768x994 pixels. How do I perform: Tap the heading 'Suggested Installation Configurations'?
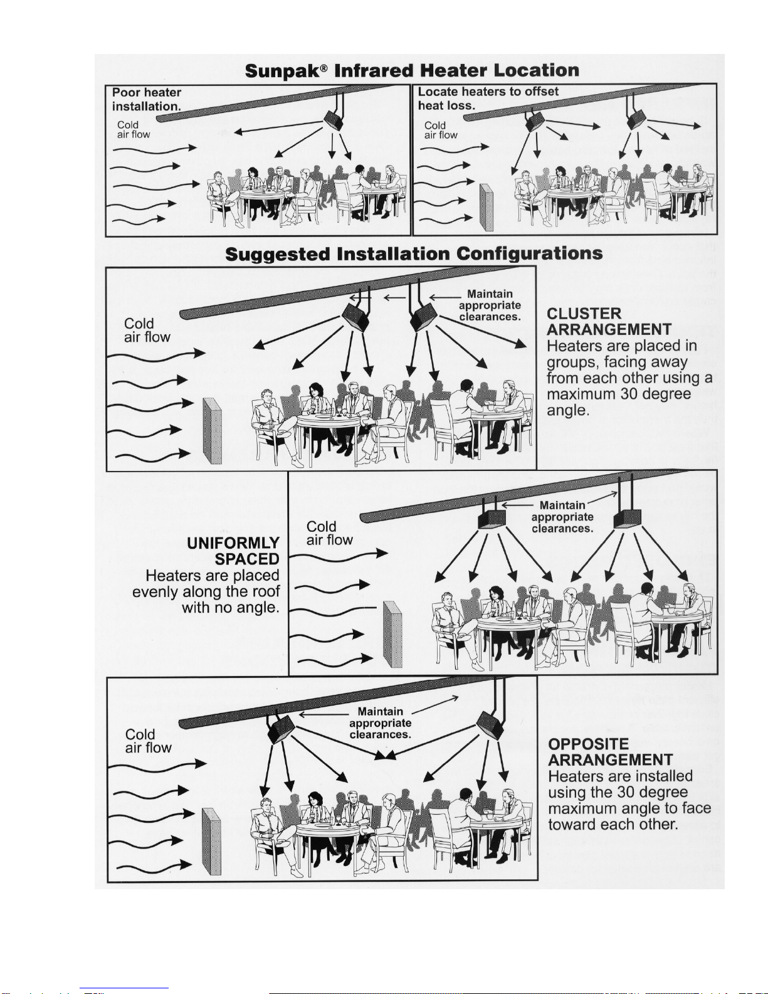click(414, 254)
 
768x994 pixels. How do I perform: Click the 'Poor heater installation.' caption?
click(146, 99)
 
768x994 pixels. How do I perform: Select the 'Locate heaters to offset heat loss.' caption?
click(488, 98)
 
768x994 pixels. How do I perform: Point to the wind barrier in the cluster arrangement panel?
click(212, 430)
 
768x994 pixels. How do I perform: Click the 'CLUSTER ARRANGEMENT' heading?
click(609, 322)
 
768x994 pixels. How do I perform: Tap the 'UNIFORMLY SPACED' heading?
click(233, 551)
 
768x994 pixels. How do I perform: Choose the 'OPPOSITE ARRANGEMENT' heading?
click(610, 751)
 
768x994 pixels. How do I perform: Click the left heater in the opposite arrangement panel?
click(281, 729)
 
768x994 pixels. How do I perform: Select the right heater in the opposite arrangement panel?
click(490, 725)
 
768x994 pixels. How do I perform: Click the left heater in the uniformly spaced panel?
click(492, 520)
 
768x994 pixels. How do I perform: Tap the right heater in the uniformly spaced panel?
click(628, 519)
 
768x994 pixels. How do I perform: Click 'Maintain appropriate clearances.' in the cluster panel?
click(490, 305)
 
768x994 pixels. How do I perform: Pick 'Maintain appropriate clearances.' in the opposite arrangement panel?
click(381, 722)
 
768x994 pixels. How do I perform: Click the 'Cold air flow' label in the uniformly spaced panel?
click(329, 533)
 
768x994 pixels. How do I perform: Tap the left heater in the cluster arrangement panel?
click(355, 317)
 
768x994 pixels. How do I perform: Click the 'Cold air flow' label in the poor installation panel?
click(134, 129)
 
